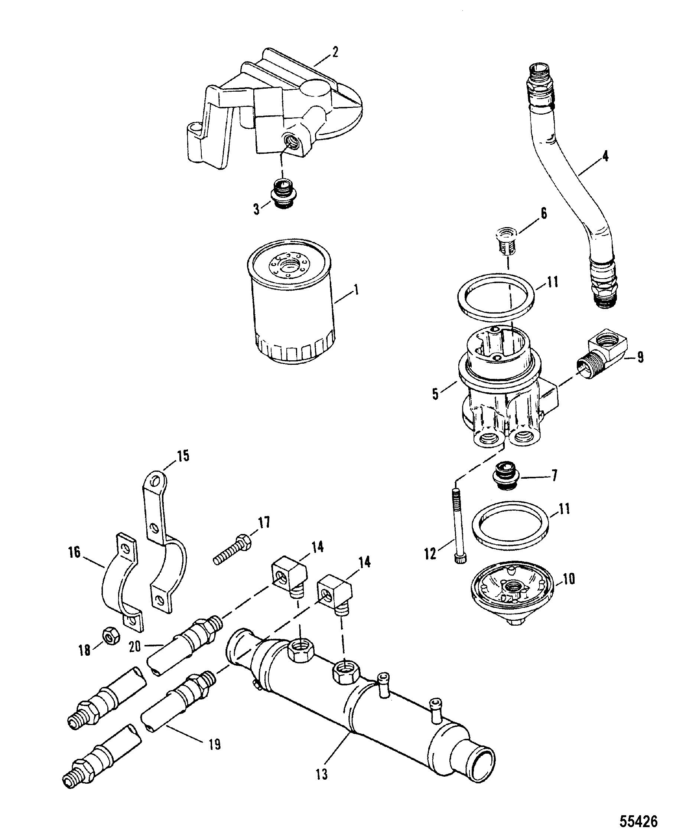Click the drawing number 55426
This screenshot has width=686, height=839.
coord(638,822)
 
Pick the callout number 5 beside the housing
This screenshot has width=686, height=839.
coord(435,394)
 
